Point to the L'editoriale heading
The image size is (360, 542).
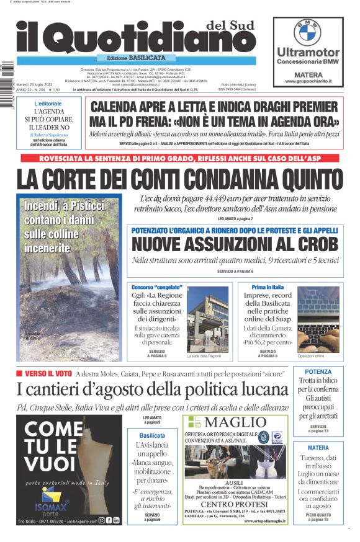point(48,103)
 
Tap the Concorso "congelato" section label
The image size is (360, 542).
point(157,287)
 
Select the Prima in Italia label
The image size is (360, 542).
point(268,287)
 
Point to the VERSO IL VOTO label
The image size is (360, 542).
point(47,373)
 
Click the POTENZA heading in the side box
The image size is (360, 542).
point(318,372)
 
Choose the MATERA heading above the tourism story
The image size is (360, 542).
point(318,448)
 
